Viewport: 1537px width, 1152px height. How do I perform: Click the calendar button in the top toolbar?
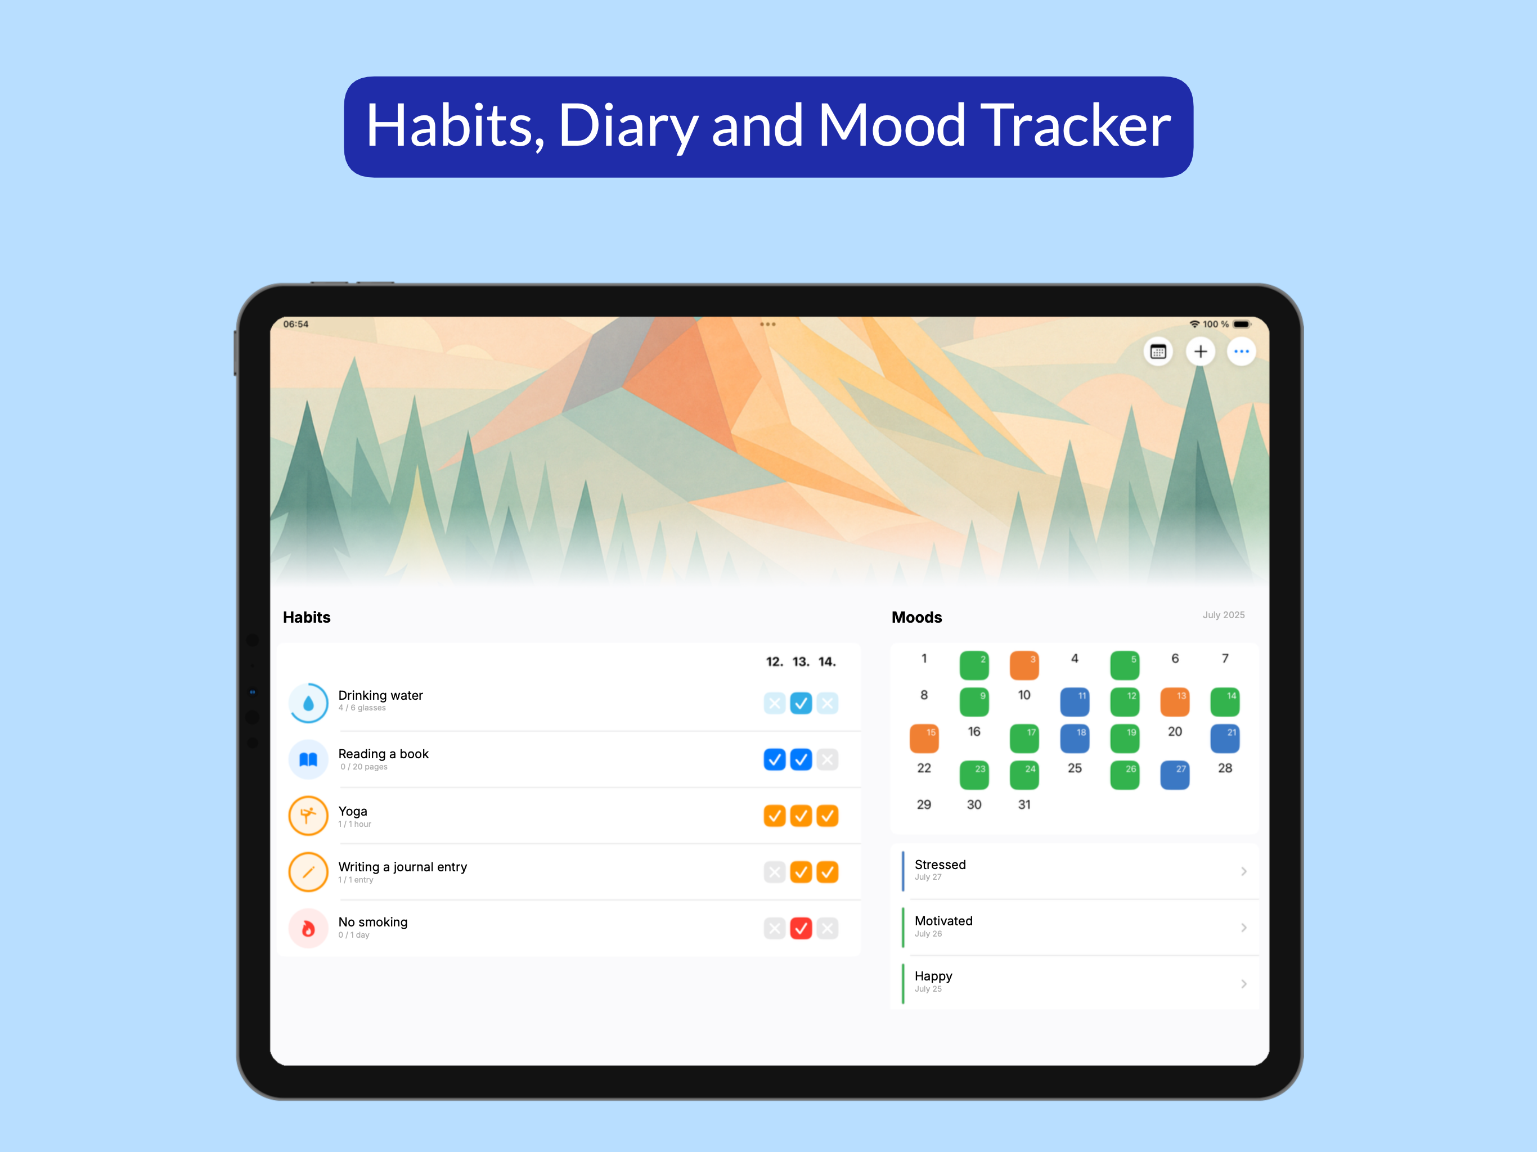pyautogui.click(x=1158, y=352)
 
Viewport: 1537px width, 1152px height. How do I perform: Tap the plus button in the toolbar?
pyautogui.click(x=1200, y=352)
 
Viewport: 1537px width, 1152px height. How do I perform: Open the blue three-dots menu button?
pyautogui.click(x=1242, y=352)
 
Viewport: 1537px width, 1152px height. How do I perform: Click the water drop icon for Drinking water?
pyautogui.click(x=308, y=703)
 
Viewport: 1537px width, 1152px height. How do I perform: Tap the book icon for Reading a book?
pyautogui.click(x=308, y=759)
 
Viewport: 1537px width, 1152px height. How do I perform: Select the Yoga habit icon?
pyautogui.click(x=308, y=816)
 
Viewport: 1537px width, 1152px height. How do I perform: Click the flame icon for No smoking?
pyautogui.click(x=308, y=928)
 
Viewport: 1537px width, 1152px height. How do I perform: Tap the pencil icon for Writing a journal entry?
pyautogui.click(x=308, y=872)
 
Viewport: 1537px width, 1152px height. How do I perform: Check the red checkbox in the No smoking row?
pyautogui.click(x=801, y=928)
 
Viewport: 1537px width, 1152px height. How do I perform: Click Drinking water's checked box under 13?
pyautogui.click(x=801, y=703)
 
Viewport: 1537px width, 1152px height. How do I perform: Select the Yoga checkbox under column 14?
pyautogui.click(x=828, y=816)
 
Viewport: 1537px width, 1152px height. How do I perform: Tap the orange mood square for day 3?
pyautogui.click(x=1024, y=665)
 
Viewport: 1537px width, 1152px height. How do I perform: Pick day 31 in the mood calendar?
pyautogui.click(x=1024, y=804)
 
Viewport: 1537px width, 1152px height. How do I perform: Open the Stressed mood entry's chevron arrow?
pyautogui.click(x=1244, y=871)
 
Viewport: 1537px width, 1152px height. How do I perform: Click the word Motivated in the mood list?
pyautogui.click(x=943, y=921)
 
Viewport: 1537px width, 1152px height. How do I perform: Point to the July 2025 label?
pyautogui.click(x=1224, y=615)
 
